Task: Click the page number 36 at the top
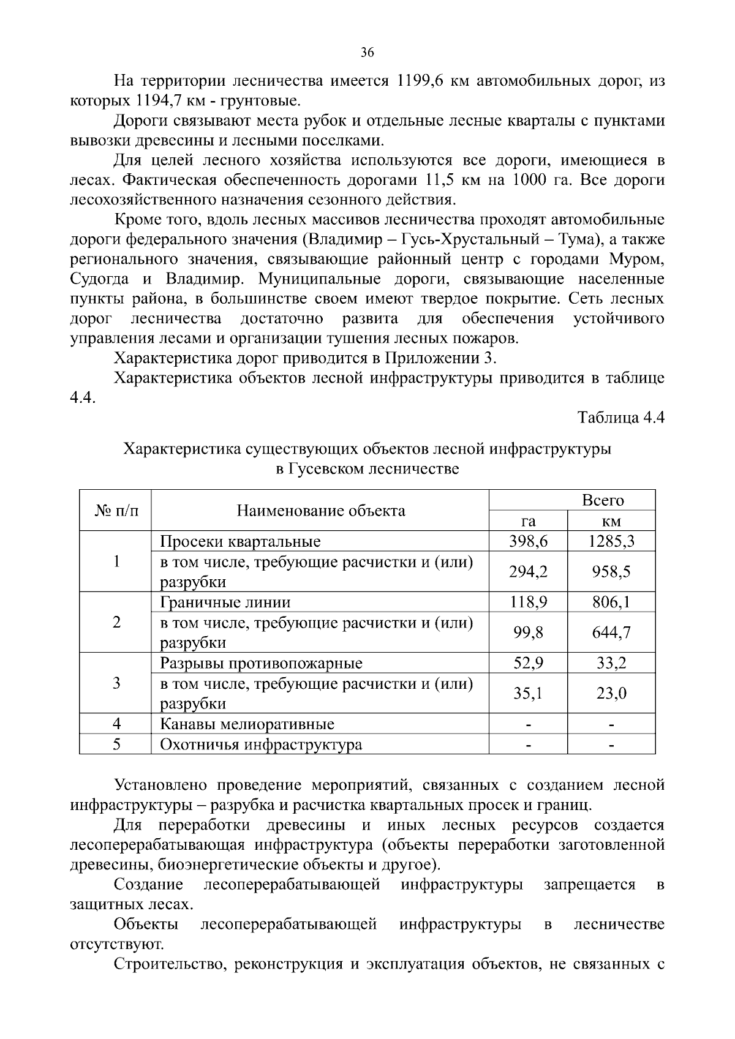[x=367, y=52]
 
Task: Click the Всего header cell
[x=603, y=500]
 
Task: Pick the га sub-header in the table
[x=528, y=521]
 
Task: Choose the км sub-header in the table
[x=611, y=521]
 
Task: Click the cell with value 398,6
[x=528, y=541]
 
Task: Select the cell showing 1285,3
[x=611, y=541]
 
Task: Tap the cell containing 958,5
[x=611, y=572]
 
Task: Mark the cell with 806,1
[x=611, y=602]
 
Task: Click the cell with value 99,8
[x=528, y=632]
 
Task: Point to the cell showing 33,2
[x=611, y=663]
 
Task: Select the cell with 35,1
[x=528, y=694]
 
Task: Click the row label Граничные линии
[x=225, y=602]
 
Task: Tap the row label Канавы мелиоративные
[x=247, y=724]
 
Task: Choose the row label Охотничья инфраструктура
[x=260, y=745]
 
